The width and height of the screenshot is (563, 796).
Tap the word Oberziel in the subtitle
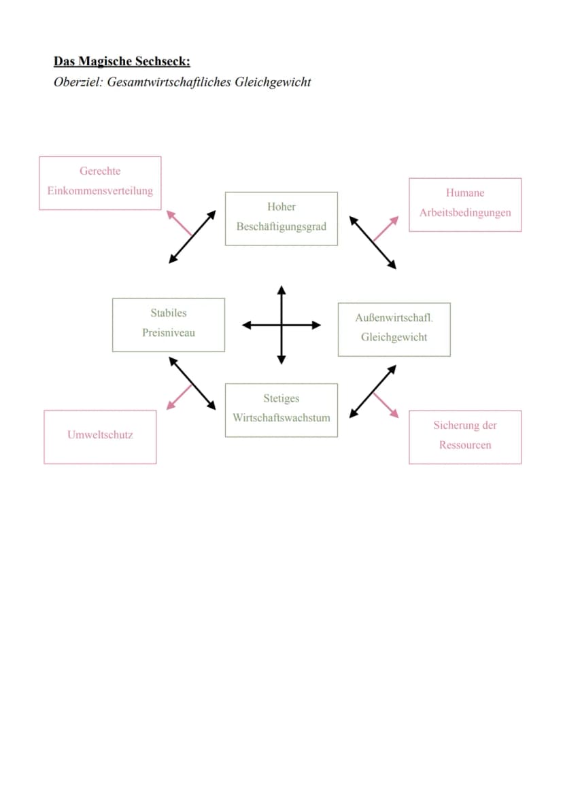tap(78, 82)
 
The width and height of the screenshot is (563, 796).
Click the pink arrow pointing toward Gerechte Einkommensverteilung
tap(180, 224)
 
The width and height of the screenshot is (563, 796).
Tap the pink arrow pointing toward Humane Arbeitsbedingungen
tap(386, 228)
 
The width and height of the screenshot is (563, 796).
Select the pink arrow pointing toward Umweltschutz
tap(180, 397)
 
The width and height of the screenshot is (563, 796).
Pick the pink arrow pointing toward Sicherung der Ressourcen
tap(386, 405)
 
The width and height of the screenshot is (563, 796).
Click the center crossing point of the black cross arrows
tap(281, 325)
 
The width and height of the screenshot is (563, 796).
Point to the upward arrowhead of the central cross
tap(281, 290)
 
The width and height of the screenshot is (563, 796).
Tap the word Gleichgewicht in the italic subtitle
tap(273, 82)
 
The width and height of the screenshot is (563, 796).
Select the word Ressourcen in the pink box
tap(465, 445)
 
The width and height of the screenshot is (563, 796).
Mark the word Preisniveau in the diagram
tap(169, 333)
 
